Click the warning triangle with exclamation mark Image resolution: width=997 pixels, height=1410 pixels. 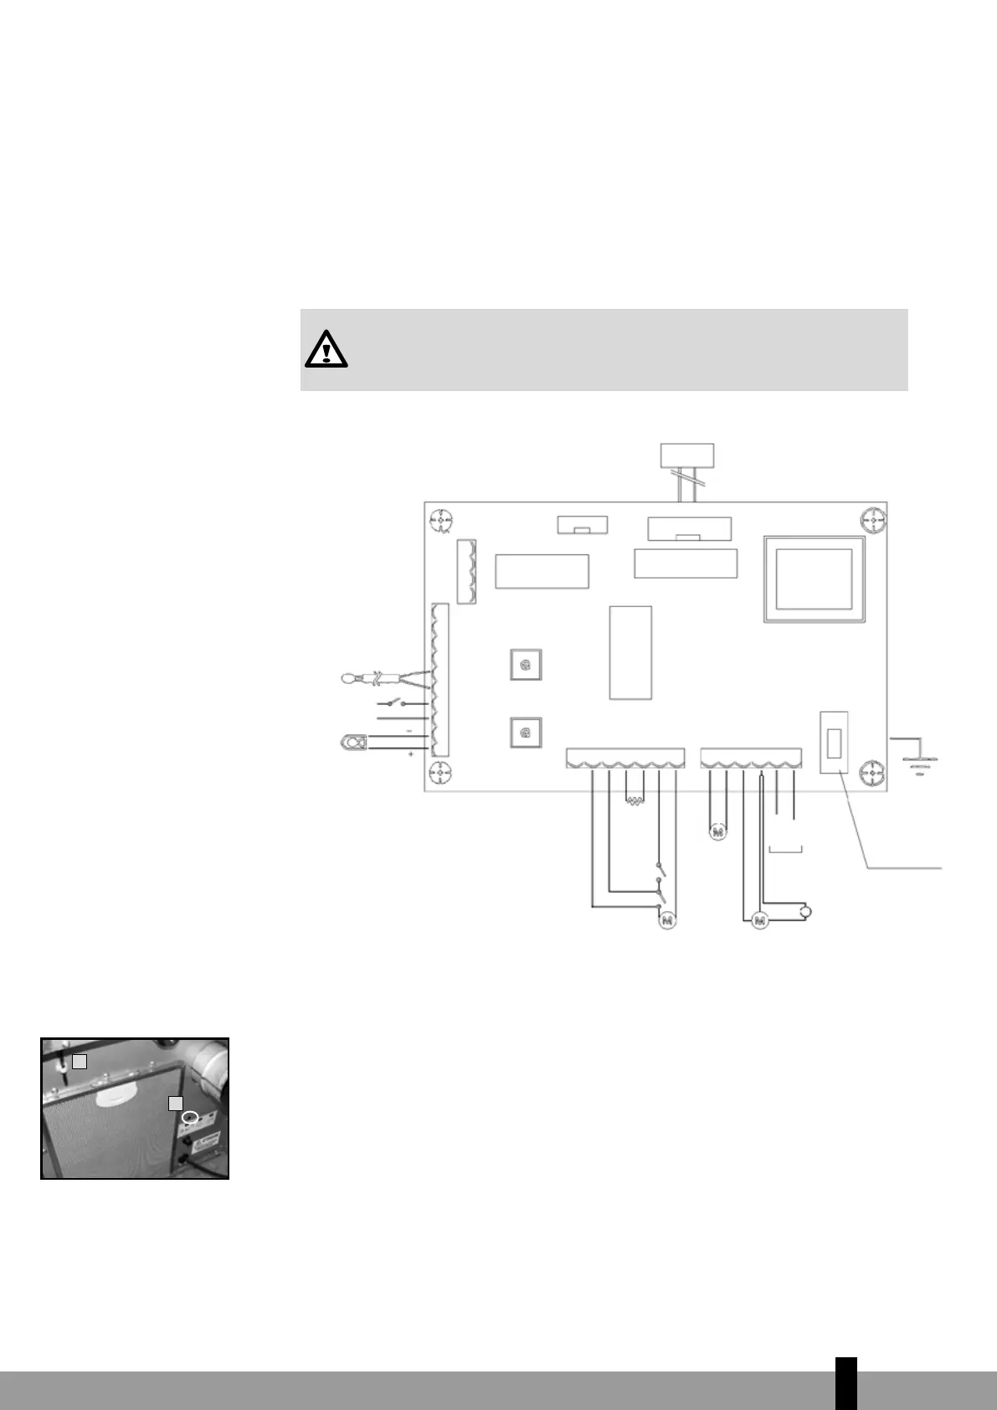tap(326, 350)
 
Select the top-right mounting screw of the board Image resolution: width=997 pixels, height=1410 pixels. tap(872, 520)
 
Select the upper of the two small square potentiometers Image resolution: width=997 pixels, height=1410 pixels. tap(526, 666)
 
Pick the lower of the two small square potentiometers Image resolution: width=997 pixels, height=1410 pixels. tap(526, 733)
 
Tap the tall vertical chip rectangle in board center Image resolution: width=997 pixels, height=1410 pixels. tap(630, 651)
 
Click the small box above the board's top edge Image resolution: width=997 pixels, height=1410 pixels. tap(687, 455)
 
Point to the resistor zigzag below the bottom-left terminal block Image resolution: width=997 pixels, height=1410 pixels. tap(635, 802)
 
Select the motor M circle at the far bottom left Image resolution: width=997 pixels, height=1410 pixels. tap(667, 920)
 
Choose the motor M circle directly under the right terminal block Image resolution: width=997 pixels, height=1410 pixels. tap(717, 832)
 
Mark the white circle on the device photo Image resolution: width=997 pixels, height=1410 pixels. tap(192, 1118)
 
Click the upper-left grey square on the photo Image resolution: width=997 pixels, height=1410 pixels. tap(79, 1061)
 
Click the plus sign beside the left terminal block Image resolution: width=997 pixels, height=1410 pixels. tap(410, 754)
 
